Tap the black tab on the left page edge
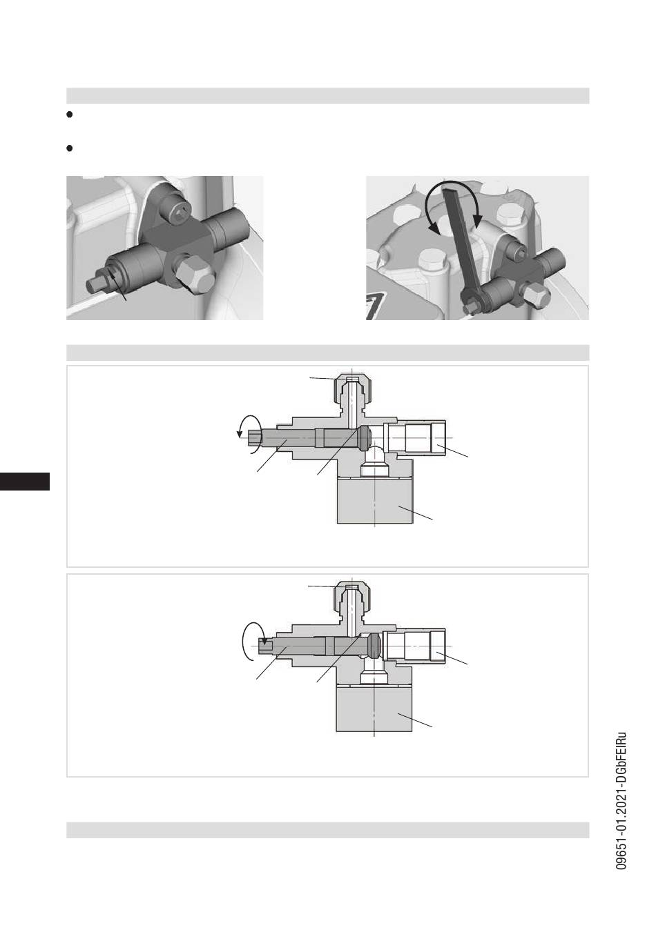click(25, 481)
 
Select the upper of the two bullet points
click(70, 114)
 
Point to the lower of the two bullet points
click(70, 148)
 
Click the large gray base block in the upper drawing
click(375, 500)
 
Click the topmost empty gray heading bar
click(328, 95)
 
